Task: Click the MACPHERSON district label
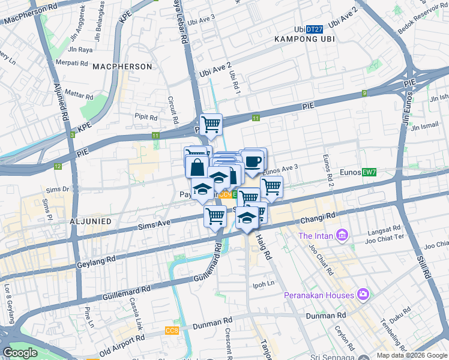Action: (x=122, y=67)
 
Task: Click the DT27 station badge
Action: (x=314, y=29)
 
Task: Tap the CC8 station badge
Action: (x=172, y=331)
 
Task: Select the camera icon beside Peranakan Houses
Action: (x=363, y=295)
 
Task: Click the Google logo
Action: (x=20, y=352)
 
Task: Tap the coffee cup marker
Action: (x=253, y=161)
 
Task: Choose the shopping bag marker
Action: (x=197, y=167)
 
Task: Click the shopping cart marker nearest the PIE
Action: (x=211, y=125)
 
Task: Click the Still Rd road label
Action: (x=422, y=262)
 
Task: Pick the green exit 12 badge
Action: (x=58, y=166)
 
